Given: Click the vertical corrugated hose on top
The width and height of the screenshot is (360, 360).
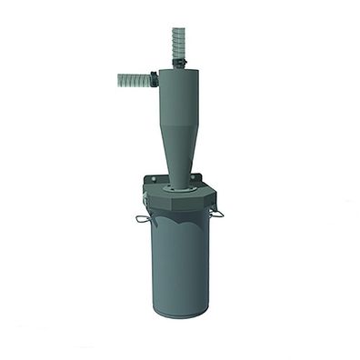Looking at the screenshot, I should (175, 42).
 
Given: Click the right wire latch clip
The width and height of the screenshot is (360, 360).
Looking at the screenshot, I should (218, 214).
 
